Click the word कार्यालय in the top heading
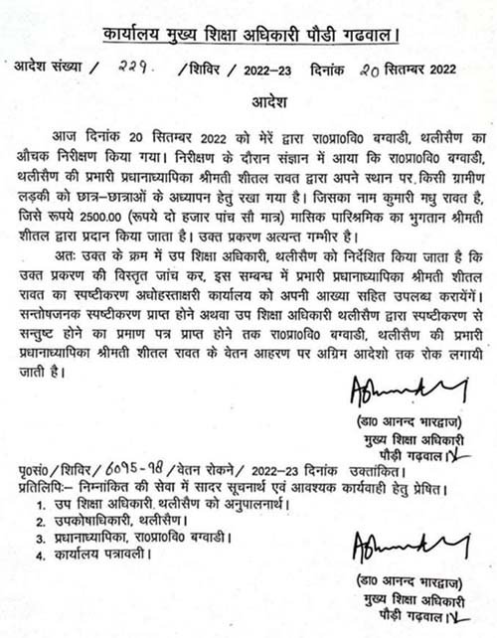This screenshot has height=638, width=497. (x=137, y=39)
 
